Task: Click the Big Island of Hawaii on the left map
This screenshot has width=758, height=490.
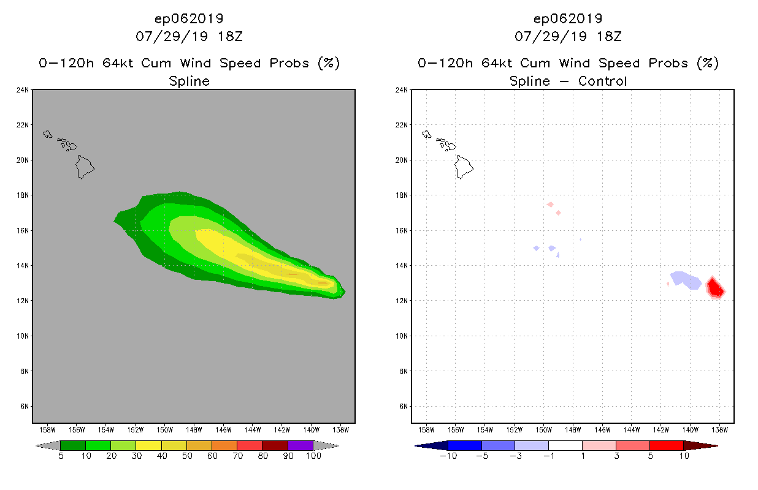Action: [85, 166]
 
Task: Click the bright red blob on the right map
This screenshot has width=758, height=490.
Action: [715, 287]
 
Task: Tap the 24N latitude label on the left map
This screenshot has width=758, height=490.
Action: [23, 90]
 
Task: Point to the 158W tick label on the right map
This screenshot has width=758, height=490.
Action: [426, 429]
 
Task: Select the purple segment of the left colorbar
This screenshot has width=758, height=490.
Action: [301, 445]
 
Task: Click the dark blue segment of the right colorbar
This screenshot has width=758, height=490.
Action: [465, 445]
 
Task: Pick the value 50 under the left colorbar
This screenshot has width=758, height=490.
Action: [186, 456]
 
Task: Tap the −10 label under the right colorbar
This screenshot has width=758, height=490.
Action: [447, 456]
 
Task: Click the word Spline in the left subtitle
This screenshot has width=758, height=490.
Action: [189, 81]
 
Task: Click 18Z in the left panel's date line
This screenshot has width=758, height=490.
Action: [229, 36]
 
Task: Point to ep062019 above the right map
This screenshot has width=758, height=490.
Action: [568, 18]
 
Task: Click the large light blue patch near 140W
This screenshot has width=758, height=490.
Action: [686, 280]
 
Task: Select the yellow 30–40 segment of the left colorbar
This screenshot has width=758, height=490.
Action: [148, 445]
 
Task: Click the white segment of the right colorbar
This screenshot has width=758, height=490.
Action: [565, 445]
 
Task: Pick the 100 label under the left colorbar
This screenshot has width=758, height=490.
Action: [313, 456]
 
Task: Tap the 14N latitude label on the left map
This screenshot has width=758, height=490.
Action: [23, 266]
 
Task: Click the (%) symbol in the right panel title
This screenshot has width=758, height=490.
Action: [707, 63]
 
